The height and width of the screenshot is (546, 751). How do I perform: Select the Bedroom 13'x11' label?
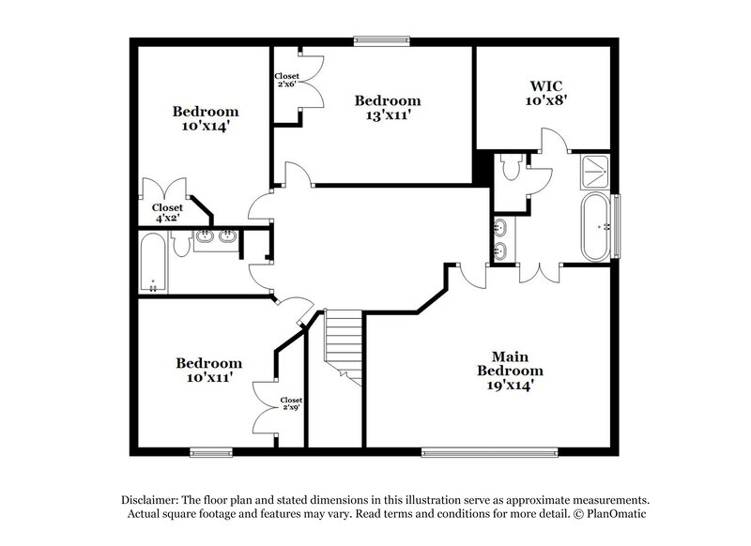point(387,108)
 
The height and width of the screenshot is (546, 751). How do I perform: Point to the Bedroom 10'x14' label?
point(205,119)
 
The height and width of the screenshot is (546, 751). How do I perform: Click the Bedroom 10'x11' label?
point(208,370)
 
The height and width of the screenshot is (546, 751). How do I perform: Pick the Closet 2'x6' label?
point(286,81)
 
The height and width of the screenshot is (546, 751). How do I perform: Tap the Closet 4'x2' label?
point(167,213)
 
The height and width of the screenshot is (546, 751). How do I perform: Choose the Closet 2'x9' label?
point(292,404)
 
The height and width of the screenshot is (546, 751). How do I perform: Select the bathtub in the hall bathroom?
point(154,263)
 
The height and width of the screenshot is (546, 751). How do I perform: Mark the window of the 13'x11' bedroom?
point(381,39)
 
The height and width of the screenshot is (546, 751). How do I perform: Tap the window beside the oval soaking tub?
point(618,214)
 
